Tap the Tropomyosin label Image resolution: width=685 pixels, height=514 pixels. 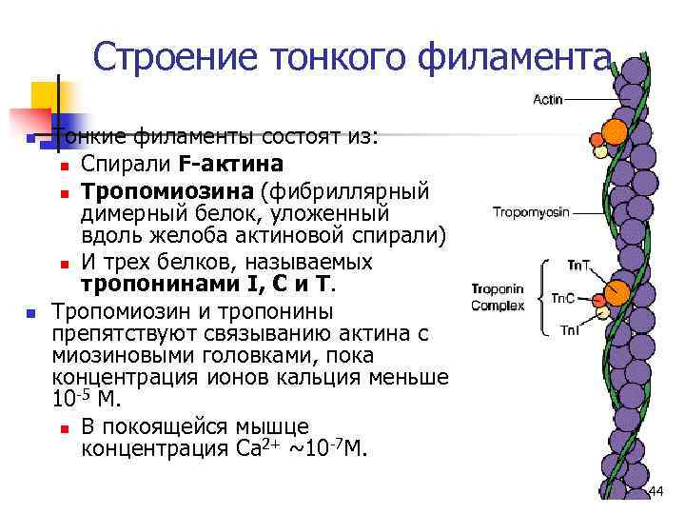531,212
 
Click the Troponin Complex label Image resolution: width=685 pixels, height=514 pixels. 498,297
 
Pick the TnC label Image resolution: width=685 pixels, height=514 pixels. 562,298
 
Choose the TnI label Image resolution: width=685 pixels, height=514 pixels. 569,330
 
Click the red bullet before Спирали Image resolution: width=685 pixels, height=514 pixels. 63,168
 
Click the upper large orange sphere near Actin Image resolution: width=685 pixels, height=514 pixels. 616,131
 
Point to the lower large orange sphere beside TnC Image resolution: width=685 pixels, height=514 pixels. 616,292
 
